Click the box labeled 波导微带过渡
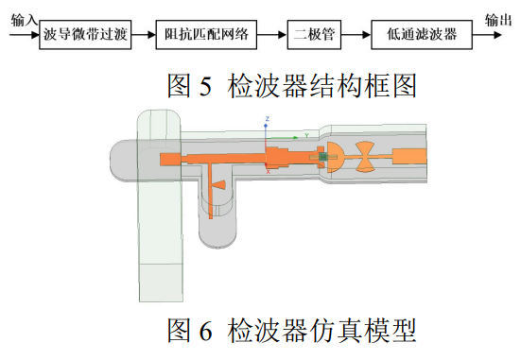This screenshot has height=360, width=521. coord(85,35)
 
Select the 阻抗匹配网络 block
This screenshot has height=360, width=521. coord(206,35)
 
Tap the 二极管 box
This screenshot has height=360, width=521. coord(314,35)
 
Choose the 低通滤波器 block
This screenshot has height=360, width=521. coord(422,35)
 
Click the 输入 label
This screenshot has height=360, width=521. coord(24,20)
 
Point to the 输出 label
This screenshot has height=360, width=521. coord(497,20)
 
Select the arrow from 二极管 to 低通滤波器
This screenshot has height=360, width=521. coord(356,35)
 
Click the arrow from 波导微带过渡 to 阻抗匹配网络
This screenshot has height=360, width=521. coord(144,35)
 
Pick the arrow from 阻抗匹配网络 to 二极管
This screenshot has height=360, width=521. coord(271,35)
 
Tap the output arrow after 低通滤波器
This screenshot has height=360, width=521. coord(487,35)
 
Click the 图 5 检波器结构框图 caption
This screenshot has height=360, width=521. coord(292,86)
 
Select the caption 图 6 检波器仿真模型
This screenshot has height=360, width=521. coord(292,330)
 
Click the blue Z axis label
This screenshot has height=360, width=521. coord(267,118)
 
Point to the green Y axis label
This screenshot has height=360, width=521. coord(306,135)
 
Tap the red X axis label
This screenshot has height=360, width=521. coord(269,172)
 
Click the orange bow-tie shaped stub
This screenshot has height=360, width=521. coord(365,157)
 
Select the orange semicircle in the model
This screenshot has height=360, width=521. coord(335,157)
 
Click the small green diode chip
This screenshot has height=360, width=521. coord(322,157)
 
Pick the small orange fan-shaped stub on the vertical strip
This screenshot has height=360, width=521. coord(219,185)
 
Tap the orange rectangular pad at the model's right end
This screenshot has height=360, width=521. coord(409,157)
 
